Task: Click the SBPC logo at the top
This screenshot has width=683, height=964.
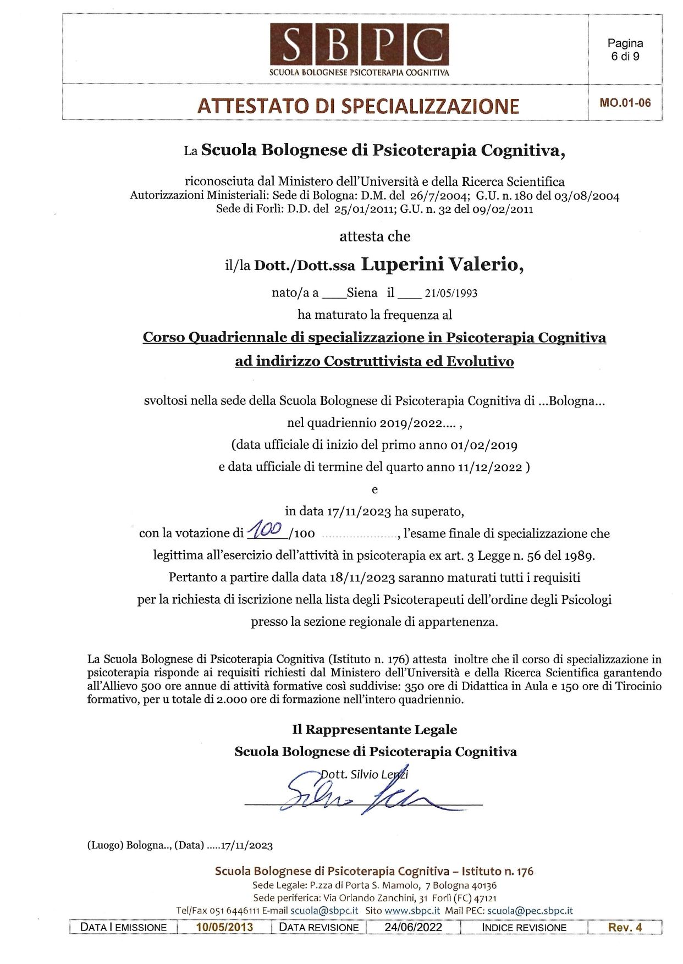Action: [359, 49]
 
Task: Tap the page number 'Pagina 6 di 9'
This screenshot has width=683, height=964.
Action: [625, 49]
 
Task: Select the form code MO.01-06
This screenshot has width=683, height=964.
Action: [625, 102]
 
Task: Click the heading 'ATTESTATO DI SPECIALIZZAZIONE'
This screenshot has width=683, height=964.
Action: [358, 106]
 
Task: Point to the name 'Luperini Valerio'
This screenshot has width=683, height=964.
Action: [442, 265]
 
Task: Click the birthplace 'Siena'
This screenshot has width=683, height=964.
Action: [362, 293]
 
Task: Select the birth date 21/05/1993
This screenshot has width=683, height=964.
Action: [451, 293]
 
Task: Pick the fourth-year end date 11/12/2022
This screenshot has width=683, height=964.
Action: [489, 467]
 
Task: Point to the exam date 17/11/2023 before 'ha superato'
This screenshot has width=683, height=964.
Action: [359, 511]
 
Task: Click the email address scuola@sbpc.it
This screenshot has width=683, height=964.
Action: [324, 910]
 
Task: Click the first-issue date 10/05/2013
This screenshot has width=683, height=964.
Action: [224, 927]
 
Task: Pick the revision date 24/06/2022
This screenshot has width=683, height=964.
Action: [413, 927]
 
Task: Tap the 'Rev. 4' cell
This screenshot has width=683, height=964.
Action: [625, 927]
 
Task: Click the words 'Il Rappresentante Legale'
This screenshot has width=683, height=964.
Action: [374, 730]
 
